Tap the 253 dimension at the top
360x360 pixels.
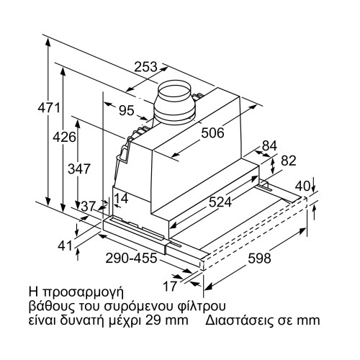coord(147,67)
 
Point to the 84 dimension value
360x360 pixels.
coord(269,146)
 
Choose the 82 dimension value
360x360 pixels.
coord(287,161)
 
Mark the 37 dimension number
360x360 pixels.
coord(89,207)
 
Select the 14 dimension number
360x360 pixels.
coord(120,198)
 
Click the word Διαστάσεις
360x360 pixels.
coord(239,320)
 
